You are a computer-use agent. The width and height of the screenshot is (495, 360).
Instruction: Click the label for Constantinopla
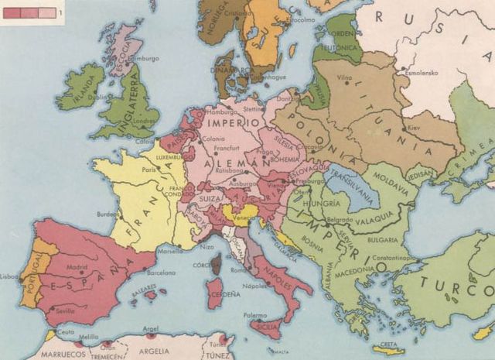point(375,256)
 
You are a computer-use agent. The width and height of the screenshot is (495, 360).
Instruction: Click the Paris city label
point(149,170)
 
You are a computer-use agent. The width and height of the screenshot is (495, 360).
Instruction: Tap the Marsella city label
point(170,251)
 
